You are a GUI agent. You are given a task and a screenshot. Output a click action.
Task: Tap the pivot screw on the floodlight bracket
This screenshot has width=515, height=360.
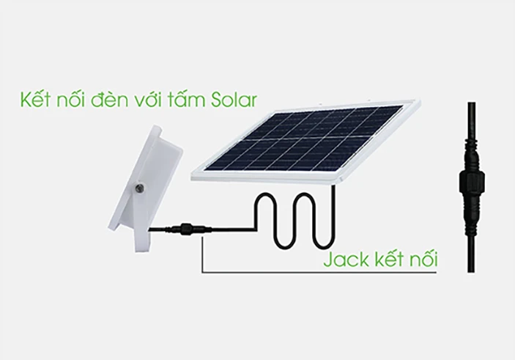pyautogui.click(x=140, y=188)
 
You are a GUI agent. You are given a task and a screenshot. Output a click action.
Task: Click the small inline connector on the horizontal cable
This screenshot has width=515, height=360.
pyautogui.click(x=186, y=228)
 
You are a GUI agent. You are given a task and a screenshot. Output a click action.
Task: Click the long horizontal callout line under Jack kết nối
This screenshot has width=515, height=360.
pyautogui.click(x=319, y=272)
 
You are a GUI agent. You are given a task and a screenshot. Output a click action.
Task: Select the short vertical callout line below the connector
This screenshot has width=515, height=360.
pyautogui.click(x=202, y=254)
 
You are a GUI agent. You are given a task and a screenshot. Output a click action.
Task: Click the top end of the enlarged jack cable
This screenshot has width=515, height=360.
pyautogui.click(x=471, y=103)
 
